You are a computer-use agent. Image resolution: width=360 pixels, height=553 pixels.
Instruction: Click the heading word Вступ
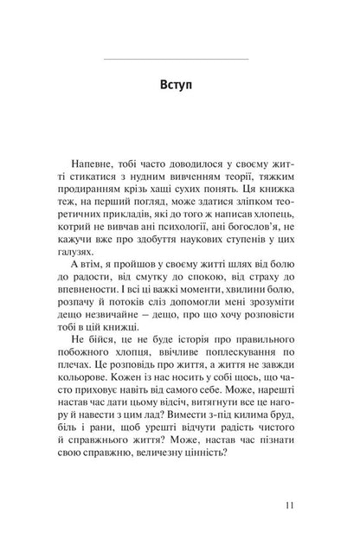tap(179, 87)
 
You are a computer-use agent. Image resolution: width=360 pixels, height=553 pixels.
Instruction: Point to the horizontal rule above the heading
tap(179, 58)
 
